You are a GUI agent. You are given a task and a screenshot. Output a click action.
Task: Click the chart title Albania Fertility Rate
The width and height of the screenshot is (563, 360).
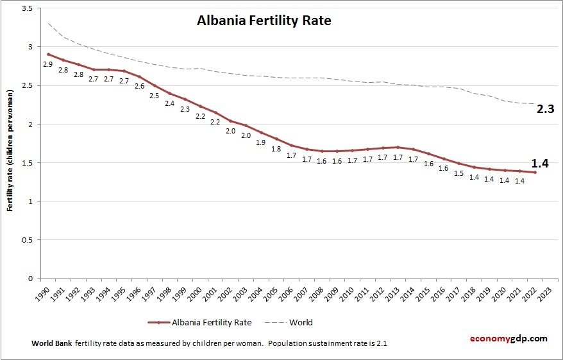[264, 21]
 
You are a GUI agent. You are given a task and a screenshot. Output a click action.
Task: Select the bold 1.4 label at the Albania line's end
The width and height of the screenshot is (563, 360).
[541, 164]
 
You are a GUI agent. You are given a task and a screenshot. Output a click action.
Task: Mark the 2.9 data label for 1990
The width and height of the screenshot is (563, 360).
[47, 64]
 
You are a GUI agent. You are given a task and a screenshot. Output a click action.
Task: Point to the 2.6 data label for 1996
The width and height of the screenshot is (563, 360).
[139, 86]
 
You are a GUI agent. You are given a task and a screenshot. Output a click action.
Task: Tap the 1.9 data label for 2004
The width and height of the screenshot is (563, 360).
[261, 142]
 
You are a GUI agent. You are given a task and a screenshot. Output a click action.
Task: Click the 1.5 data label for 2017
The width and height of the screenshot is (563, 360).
[459, 173]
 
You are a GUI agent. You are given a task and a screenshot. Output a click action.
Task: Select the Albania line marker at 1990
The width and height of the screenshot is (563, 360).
[48, 55]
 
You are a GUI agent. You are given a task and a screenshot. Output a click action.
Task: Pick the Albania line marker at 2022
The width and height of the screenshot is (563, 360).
[535, 172]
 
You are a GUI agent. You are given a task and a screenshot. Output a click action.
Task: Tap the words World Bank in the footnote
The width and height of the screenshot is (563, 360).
[51, 343]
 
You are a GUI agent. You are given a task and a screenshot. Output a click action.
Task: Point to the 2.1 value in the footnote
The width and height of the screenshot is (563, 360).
[381, 343]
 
